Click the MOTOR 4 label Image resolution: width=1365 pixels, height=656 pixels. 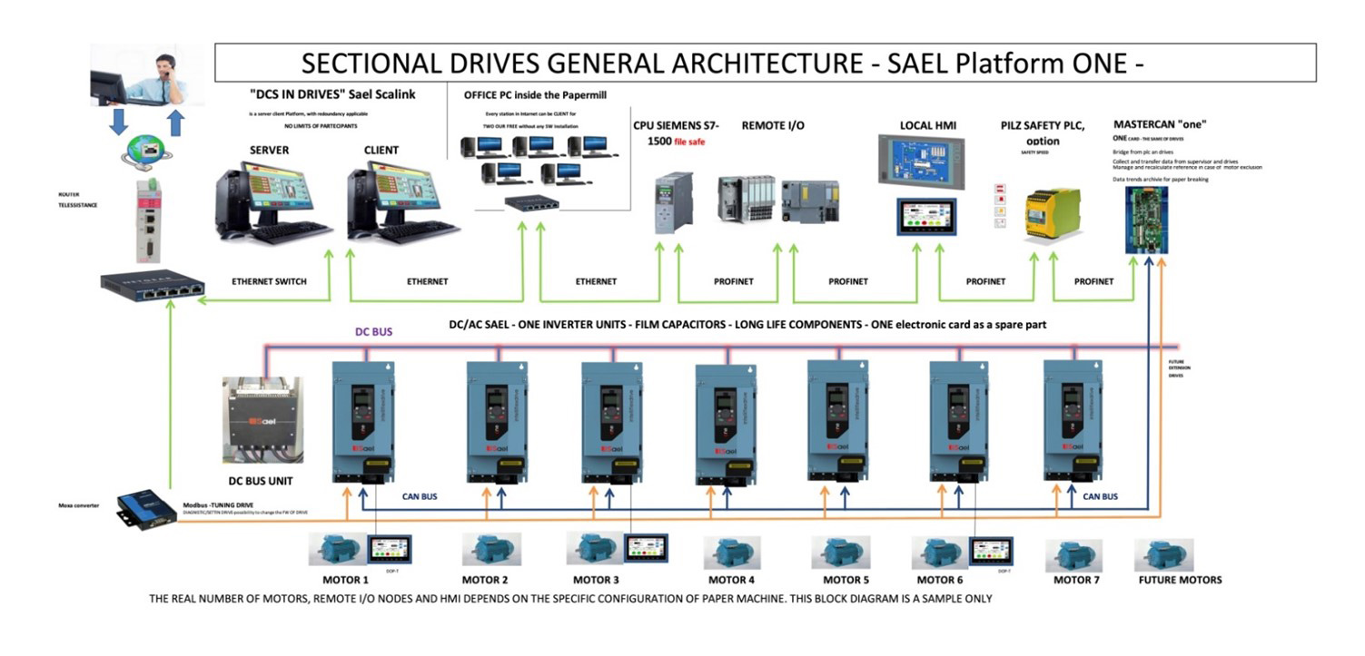click(x=731, y=580)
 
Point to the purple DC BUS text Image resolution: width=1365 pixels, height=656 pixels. click(x=373, y=332)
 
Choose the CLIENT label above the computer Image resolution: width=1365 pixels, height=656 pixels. click(x=381, y=150)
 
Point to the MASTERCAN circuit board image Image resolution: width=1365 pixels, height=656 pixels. click(x=1146, y=220)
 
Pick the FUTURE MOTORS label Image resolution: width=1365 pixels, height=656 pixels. click(x=1180, y=580)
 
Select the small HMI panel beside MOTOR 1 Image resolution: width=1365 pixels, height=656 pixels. click(x=390, y=549)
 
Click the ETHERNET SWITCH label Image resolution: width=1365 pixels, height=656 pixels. click(x=270, y=281)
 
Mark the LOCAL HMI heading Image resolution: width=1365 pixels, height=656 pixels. click(x=928, y=125)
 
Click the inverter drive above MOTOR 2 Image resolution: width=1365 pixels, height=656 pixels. click(x=497, y=421)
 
